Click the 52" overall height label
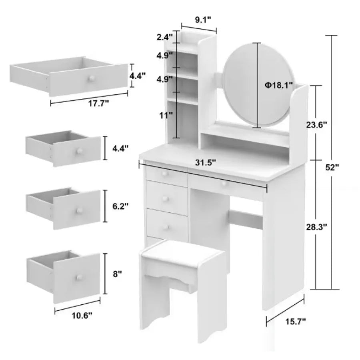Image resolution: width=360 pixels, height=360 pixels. point(332,168)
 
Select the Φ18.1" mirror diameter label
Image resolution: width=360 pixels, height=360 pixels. point(278,85)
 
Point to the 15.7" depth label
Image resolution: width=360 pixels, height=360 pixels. point(296,320)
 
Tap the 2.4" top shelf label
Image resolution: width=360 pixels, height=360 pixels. point(164,38)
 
